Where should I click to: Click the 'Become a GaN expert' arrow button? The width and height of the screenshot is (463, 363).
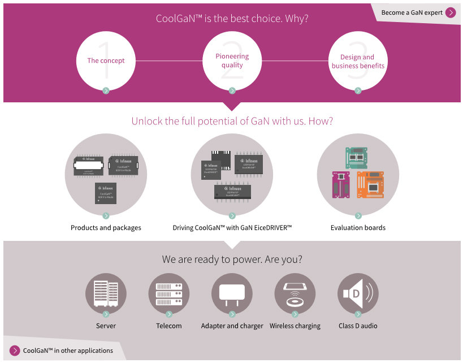tap(451, 12)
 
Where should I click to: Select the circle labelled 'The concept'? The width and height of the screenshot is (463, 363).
tap(106, 60)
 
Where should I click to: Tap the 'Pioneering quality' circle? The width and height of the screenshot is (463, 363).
tap(232, 60)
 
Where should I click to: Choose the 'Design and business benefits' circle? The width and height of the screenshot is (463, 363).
tap(358, 61)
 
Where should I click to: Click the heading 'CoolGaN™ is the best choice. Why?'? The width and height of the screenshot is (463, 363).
tap(232, 18)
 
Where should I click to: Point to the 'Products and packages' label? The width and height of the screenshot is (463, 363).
tap(106, 228)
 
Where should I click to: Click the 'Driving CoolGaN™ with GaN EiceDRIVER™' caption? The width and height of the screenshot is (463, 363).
tap(232, 228)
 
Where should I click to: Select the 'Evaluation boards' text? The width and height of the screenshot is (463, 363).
tap(358, 228)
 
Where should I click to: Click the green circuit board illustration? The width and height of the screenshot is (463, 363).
tap(357, 158)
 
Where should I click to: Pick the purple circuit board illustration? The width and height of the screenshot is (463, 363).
tap(341, 185)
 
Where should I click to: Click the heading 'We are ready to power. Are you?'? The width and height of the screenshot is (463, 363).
tap(232, 260)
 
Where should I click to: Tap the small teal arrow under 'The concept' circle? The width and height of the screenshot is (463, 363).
tap(106, 90)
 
